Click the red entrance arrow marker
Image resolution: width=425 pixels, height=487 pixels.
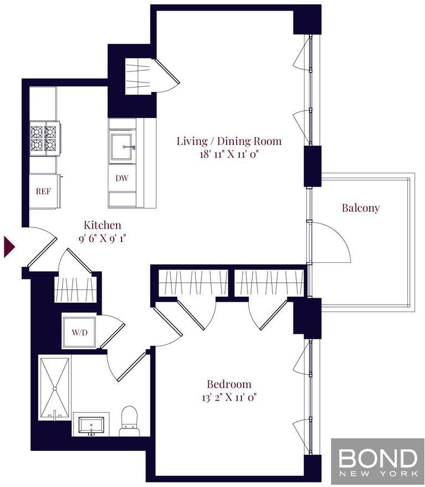[9, 247]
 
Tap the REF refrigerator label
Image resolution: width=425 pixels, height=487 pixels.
[43, 191]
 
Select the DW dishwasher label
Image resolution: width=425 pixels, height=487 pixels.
[122, 178]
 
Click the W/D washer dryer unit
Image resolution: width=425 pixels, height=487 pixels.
[80, 333]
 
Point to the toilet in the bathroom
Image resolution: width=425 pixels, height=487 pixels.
[129, 422]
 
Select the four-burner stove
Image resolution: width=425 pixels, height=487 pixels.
[44, 138]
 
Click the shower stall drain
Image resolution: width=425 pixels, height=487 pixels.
[55, 388]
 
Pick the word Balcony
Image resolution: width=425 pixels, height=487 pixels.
[360, 208]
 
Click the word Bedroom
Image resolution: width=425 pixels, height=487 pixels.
[229, 384]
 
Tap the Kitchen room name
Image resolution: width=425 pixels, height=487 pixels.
[103, 225]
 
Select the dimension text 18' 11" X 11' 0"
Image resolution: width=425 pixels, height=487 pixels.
[229, 154]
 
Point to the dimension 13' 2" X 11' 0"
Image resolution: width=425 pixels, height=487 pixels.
[229, 397]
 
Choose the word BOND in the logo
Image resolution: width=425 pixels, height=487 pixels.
[377, 458]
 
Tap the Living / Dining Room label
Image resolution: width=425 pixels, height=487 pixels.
[229, 141]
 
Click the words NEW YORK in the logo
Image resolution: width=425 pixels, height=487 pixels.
[378, 474]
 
